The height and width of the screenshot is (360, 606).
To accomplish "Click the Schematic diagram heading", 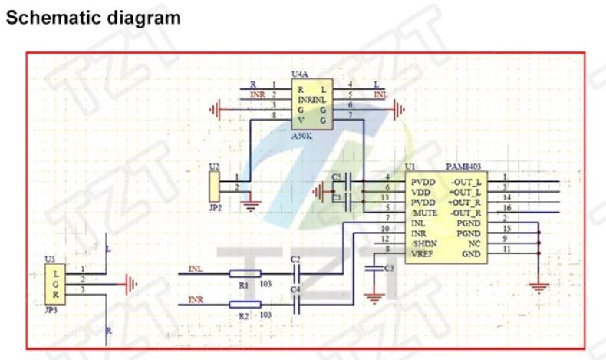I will pyautogui.click(x=94, y=18).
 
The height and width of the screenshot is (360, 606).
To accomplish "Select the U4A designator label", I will pyautogui.click(x=301, y=74).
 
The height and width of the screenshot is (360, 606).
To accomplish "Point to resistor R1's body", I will pyautogui.click(x=245, y=272).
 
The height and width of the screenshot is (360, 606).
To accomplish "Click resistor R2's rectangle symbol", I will pyautogui.click(x=245, y=304).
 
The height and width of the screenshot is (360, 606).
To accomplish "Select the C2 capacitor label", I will pyautogui.click(x=296, y=259).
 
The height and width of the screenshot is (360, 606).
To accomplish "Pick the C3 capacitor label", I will pyautogui.click(x=389, y=268).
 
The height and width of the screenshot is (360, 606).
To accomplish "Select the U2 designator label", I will pyautogui.click(x=213, y=165).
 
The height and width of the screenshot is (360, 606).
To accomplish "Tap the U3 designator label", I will pyautogui.click(x=51, y=259).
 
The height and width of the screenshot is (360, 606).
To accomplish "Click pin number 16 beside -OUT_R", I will pyautogui.click(x=506, y=208).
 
